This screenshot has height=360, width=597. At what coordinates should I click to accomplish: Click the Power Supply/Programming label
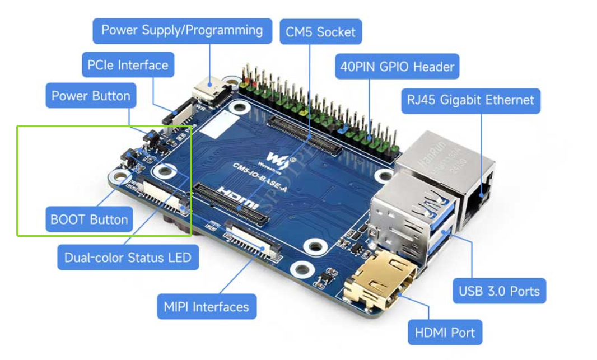coord(182,30)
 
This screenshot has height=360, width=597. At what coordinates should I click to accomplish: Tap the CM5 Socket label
coord(320,32)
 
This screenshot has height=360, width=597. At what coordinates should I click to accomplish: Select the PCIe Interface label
coord(128,65)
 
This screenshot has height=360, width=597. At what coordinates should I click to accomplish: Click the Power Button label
coord(91,96)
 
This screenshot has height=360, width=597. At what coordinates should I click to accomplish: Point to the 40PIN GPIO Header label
coord(397,67)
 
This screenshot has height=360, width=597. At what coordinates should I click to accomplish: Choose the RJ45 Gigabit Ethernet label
coord(470,100)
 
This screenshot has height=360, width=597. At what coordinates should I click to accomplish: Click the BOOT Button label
coord(89,219)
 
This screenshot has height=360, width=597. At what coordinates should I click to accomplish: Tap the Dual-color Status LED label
coord(128,258)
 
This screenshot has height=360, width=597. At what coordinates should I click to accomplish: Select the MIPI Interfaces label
coord(206,307)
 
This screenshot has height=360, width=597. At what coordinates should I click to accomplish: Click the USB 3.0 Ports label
coord(499,291)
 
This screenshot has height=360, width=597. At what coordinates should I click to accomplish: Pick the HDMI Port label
coord(445,333)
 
